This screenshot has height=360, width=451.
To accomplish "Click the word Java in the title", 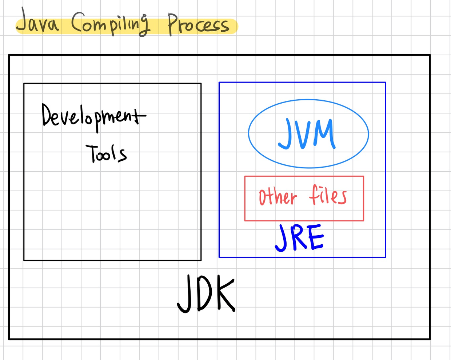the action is click(37, 23).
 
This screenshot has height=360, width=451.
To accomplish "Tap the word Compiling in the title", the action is click(110, 24).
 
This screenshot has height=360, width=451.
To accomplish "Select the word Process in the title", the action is click(198, 25).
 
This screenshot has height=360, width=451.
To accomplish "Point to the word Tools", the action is click(106, 153).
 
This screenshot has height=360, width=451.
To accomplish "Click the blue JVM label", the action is click(307, 134).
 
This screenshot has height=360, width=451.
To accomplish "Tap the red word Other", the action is click(278, 197).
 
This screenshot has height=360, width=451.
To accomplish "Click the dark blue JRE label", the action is click(299, 238).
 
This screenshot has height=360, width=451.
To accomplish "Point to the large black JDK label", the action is click(206, 293).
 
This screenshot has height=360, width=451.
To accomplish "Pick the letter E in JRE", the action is click(316, 237).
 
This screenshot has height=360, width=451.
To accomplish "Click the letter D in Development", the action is click(48, 115).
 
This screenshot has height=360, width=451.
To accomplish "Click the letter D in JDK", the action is click(205, 293).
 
